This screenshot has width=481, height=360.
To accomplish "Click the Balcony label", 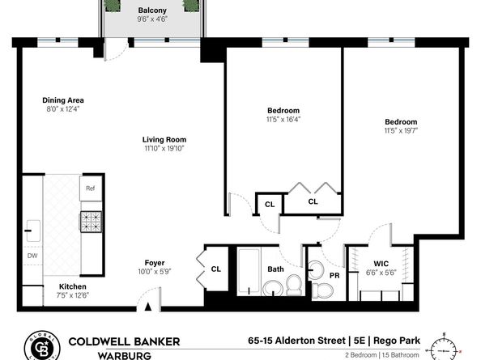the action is click(x=152, y=11).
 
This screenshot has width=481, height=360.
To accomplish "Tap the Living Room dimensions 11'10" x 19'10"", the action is click(x=164, y=149).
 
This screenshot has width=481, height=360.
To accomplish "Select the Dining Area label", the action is click(x=63, y=100).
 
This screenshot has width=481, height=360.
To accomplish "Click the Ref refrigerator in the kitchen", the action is click(x=91, y=188).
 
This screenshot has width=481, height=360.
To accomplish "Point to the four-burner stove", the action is click(x=92, y=222).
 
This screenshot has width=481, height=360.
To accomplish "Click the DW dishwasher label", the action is click(x=32, y=256).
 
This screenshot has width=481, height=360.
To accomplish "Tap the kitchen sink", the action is click(x=33, y=231).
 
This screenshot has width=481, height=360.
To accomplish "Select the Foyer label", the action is click(x=155, y=263).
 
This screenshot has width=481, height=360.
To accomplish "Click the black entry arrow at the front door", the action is click(x=148, y=307).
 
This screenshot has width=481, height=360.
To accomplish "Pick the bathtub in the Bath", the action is click(x=249, y=272).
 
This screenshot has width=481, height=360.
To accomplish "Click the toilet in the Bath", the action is click(x=294, y=285).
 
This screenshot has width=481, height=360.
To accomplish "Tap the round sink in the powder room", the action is click(x=316, y=270).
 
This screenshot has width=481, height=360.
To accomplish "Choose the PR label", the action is click(x=334, y=276).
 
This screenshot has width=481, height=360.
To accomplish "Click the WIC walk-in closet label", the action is click(x=381, y=264).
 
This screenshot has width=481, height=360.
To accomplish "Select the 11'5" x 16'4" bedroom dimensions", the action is click(x=283, y=119).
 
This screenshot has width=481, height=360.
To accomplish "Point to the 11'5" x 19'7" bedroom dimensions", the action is click(x=401, y=130).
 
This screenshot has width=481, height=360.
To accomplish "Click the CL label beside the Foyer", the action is click(x=215, y=269).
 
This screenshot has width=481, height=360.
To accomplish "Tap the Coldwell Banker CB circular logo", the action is click(x=42, y=345).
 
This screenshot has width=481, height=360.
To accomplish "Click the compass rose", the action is click(x=444, y=348).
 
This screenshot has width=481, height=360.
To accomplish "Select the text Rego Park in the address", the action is click(x=397, y=341).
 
